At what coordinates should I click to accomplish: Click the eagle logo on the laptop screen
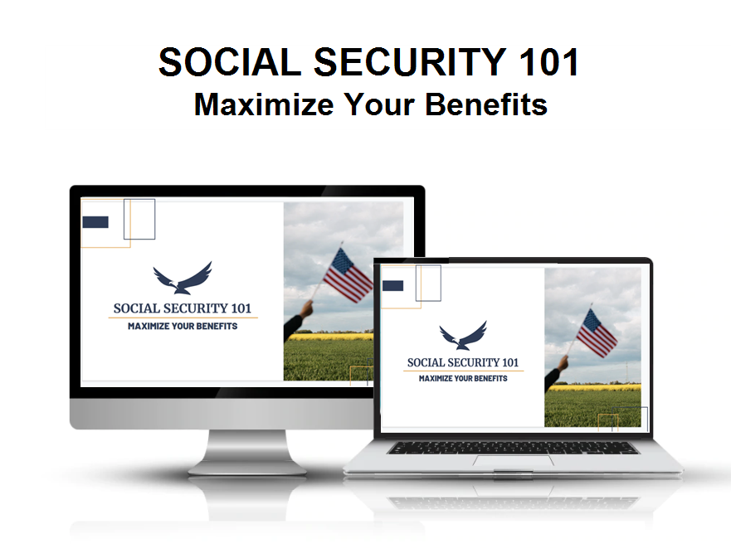pos(462,335)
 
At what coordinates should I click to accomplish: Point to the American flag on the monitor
pos(348,274)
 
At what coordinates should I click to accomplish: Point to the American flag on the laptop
pos(597,333)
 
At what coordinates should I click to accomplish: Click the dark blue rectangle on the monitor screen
pos(95,221)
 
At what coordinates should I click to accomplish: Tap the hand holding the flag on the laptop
pos(563,363)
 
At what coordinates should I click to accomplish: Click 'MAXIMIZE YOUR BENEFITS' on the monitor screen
pos(183,326)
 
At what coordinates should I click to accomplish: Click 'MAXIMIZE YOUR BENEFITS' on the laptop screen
pos(463,378)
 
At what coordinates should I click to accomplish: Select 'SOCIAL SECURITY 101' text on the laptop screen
pos(463,362)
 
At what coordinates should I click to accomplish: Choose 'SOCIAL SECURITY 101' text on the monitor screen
pos(183,308)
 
